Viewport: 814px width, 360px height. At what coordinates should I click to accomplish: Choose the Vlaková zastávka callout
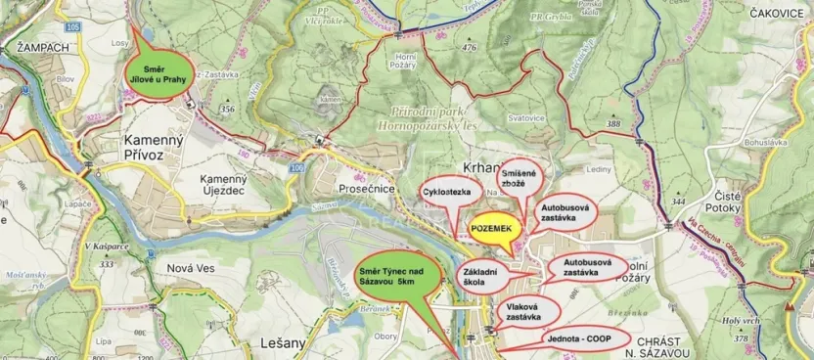click(x=528, y=313)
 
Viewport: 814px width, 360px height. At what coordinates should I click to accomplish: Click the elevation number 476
click(x=470, y=47)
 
